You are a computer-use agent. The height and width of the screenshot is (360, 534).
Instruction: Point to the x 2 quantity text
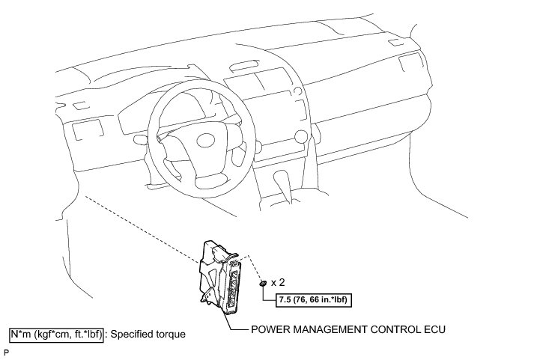(279, 284)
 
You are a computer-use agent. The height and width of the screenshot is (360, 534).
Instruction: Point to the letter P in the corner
(6, 352)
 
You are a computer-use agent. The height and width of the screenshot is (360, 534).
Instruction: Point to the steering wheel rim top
(196, 80)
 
